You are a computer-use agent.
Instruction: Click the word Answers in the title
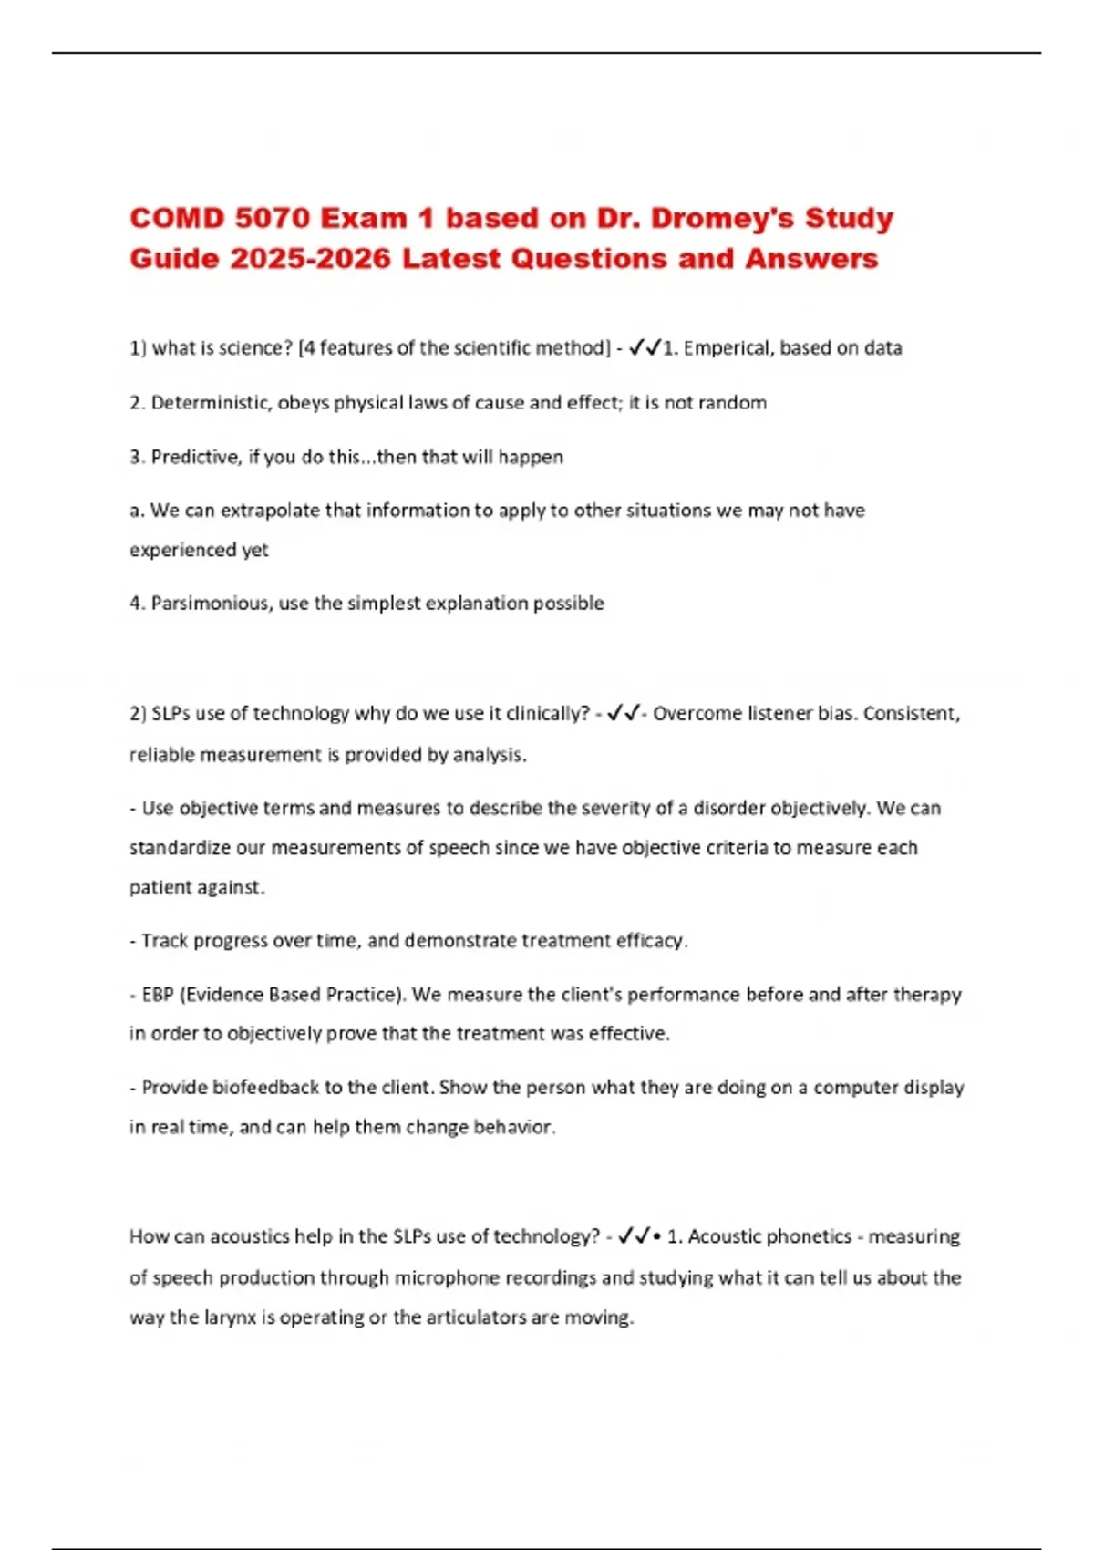pyautogui.click(x=811, y=259)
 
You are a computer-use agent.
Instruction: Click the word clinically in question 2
pyautogui.click(x=544, y=714)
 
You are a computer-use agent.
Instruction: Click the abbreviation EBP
pyautogui.click(x=158, y=995)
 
